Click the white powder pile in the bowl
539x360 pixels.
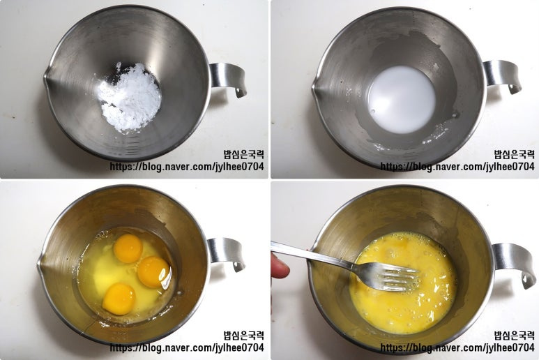coord(130,97)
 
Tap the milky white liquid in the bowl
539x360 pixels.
coord(402,99)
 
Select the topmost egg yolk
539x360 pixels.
coord(128,248)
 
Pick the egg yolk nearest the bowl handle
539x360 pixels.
coord(153,271)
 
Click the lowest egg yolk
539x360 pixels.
coord(119,299)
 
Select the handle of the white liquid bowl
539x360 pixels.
coord(503,76)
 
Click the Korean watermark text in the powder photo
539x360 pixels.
coord(244,154)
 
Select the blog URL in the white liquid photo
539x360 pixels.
coord(457,167)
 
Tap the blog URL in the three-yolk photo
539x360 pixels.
coord(187,347)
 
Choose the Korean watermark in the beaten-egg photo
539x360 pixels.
coord(515,336)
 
